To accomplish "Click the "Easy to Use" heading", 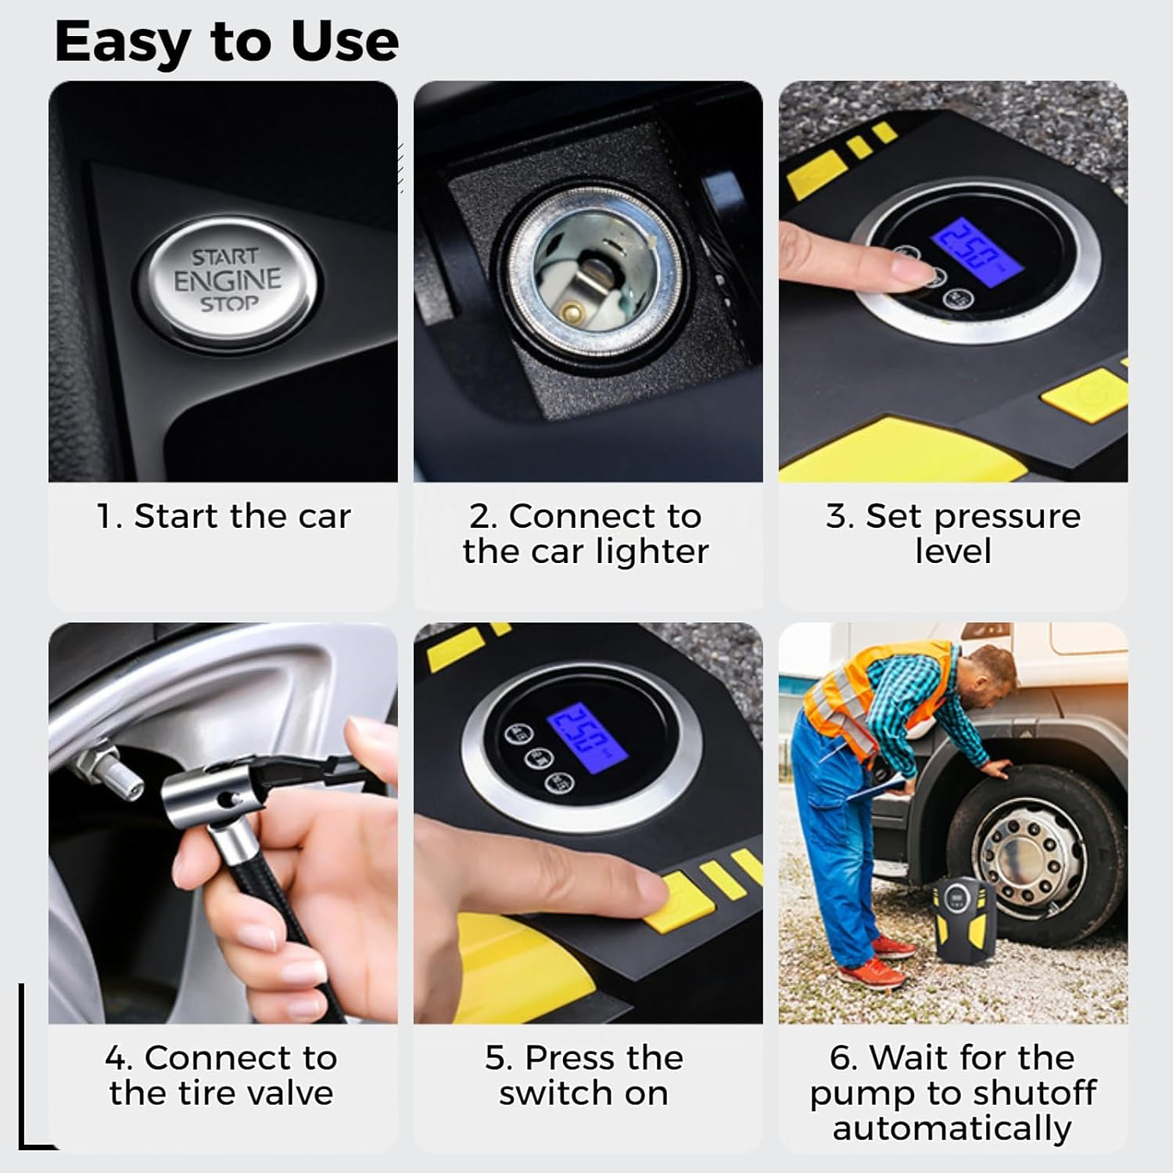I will click(227, 41).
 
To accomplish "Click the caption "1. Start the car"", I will click(223, 516).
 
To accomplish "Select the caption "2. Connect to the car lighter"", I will click(586, 533).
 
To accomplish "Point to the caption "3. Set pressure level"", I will click(952, 533).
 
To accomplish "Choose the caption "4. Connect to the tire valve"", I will click(222, 1075).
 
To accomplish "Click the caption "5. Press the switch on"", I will click(584, 1075).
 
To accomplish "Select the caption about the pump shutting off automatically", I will click(952, 1092).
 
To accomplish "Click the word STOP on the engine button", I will click(228, 303).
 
